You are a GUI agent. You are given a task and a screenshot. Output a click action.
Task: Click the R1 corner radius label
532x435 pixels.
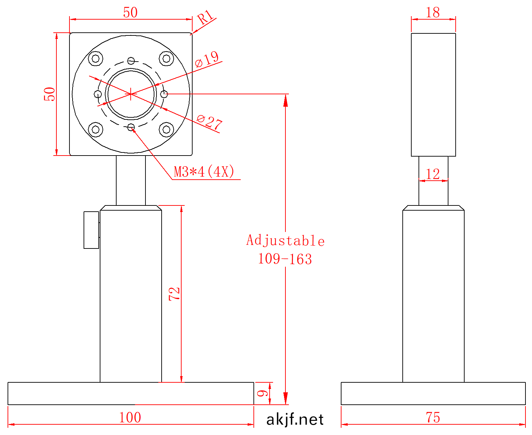pos(205,17)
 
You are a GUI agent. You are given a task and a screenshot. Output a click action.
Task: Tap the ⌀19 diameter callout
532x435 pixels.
pos(207,59)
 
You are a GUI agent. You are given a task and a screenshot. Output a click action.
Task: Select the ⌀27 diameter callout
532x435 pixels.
pos(209,123)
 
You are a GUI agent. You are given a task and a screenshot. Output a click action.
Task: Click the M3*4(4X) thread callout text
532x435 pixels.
pos(204,171)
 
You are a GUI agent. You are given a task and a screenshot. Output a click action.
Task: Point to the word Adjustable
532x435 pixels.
pos(285,240)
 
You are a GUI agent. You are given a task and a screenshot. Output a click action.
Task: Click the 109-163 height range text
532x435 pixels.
pos(285,259)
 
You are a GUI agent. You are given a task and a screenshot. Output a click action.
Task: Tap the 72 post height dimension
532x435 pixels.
pos(174,294)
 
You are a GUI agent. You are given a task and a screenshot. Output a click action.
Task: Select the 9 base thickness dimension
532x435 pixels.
pos(262,393)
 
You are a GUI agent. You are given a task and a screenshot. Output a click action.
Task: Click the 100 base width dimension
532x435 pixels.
pos(130,417)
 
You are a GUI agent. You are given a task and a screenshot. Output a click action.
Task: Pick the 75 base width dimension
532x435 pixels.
pos(433,417)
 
